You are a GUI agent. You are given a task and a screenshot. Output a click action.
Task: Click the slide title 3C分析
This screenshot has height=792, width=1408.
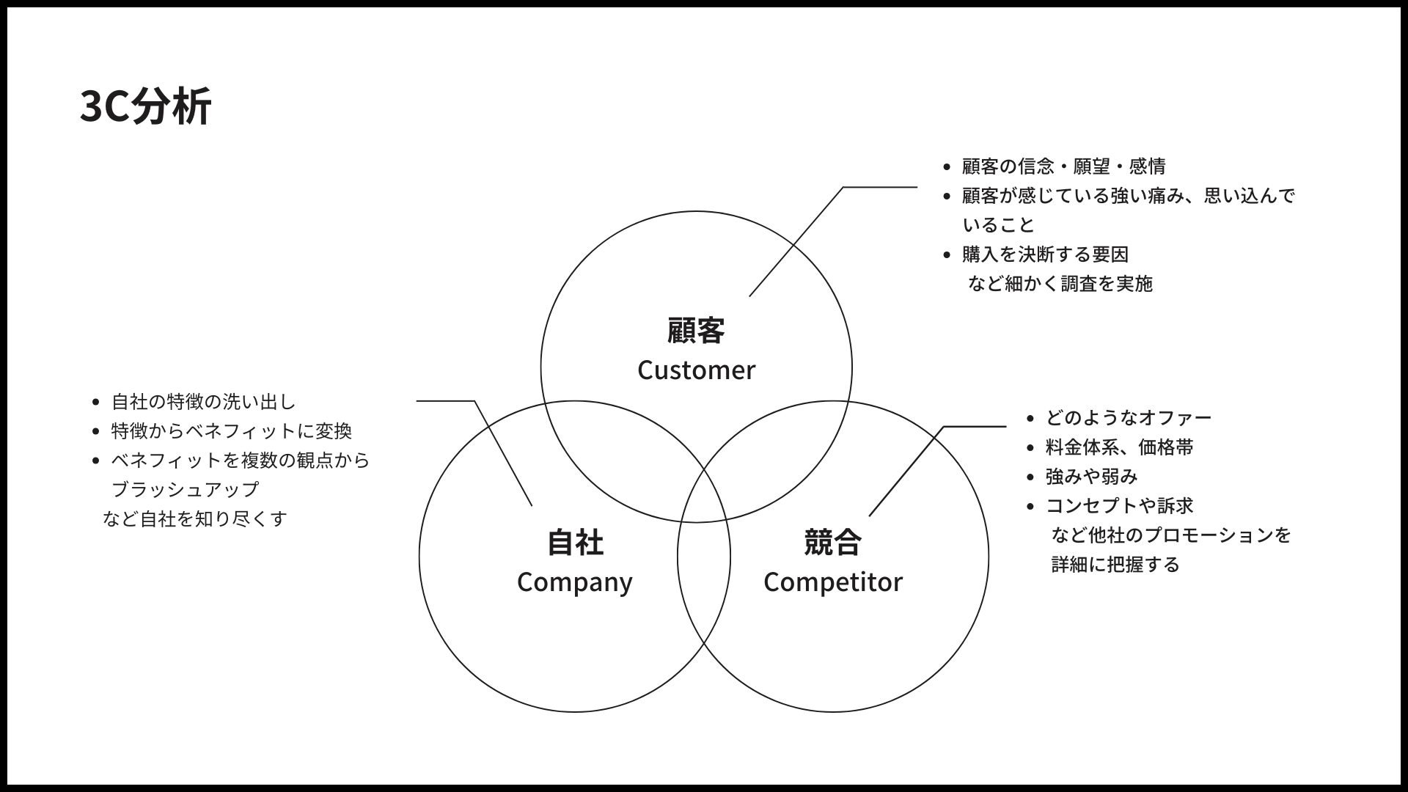click(x=145, y=107)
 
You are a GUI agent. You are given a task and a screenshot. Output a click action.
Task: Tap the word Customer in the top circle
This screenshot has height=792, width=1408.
click(x=696, y=370)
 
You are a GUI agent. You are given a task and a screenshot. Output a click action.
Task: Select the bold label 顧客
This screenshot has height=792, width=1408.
click(x=696, y=331)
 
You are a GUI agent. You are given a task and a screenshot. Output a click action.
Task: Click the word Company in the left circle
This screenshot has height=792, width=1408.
click(x=574, y=582)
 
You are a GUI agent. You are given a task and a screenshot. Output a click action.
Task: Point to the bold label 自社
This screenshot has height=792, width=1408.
click(x=575, y=543)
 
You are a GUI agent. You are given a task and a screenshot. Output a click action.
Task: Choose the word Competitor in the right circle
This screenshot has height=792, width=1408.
click(x=832, y=582)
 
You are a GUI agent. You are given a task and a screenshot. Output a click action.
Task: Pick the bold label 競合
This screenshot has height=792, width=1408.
click(x=832, y=543)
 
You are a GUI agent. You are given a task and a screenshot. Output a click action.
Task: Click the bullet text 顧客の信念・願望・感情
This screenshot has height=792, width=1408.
click(x=1063, y=167)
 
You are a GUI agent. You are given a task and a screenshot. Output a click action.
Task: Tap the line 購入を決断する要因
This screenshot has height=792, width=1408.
click(x=1045, y=255)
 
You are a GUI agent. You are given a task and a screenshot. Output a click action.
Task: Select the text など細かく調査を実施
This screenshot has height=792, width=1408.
click(x=1060, y=284)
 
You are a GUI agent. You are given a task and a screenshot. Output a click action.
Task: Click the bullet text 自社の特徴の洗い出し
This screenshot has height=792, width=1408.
click(x=203, y=402)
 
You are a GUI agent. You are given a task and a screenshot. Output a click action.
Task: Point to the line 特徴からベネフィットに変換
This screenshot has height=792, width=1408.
click(x=231, y=431)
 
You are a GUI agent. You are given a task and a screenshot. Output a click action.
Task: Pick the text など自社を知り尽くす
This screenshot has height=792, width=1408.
click(x=195, y=519)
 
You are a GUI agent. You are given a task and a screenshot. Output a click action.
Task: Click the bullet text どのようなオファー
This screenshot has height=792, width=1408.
click(x=1128, y=418)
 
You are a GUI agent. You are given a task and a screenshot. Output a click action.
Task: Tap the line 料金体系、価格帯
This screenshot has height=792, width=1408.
click(x=1119, y=447)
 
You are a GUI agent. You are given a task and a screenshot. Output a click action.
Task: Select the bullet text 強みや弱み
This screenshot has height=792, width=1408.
click(x=1091, y=477)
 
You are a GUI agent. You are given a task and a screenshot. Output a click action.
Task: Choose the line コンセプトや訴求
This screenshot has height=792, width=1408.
click(x=1119, y=506)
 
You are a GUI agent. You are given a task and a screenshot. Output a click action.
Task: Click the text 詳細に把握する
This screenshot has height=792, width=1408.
click(x=1115, y=565)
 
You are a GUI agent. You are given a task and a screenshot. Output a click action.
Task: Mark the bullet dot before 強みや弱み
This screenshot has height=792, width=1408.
click(x=1030, y=477)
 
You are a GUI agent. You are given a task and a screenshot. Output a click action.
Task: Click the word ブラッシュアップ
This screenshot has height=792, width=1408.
click(x=185, y=490)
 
